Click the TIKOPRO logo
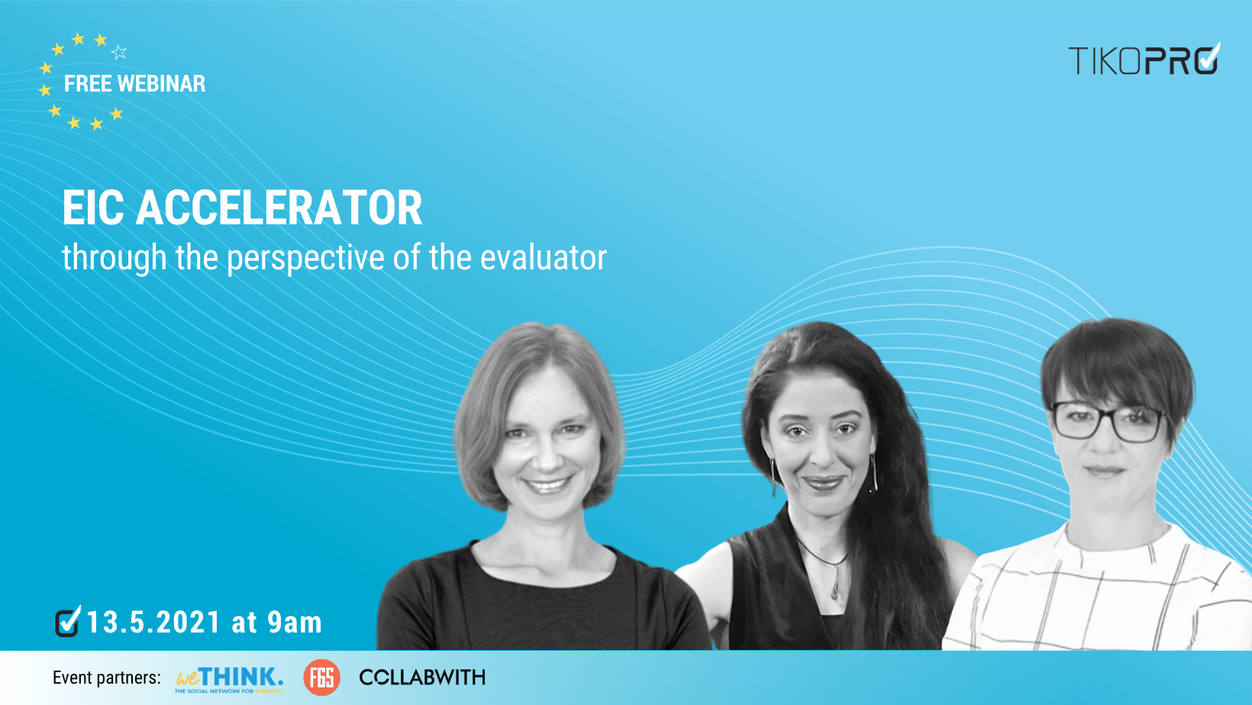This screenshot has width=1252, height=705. (x=1143, y=60)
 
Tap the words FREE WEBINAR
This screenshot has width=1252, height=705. (x=134, y=84)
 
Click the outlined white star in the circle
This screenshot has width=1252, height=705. (x=119, y=53)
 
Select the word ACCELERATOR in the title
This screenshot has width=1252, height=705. (x=279, y=208)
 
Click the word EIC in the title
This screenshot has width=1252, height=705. (x=92, y=208)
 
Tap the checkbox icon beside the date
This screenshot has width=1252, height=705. (x=68, y=621)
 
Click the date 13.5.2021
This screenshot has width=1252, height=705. (x=153, y=623)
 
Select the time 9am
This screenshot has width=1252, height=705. (x=295, y=623)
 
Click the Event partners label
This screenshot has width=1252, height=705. (x=107, y=678)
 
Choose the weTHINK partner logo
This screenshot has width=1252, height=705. (x=229, y=678)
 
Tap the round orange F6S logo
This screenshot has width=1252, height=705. (x=321, y=678)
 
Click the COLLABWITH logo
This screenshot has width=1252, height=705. (x=422, y=678)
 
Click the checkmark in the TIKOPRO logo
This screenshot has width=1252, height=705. (x=1208, y=58)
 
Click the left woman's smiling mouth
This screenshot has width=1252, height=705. (x=547, y=484)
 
